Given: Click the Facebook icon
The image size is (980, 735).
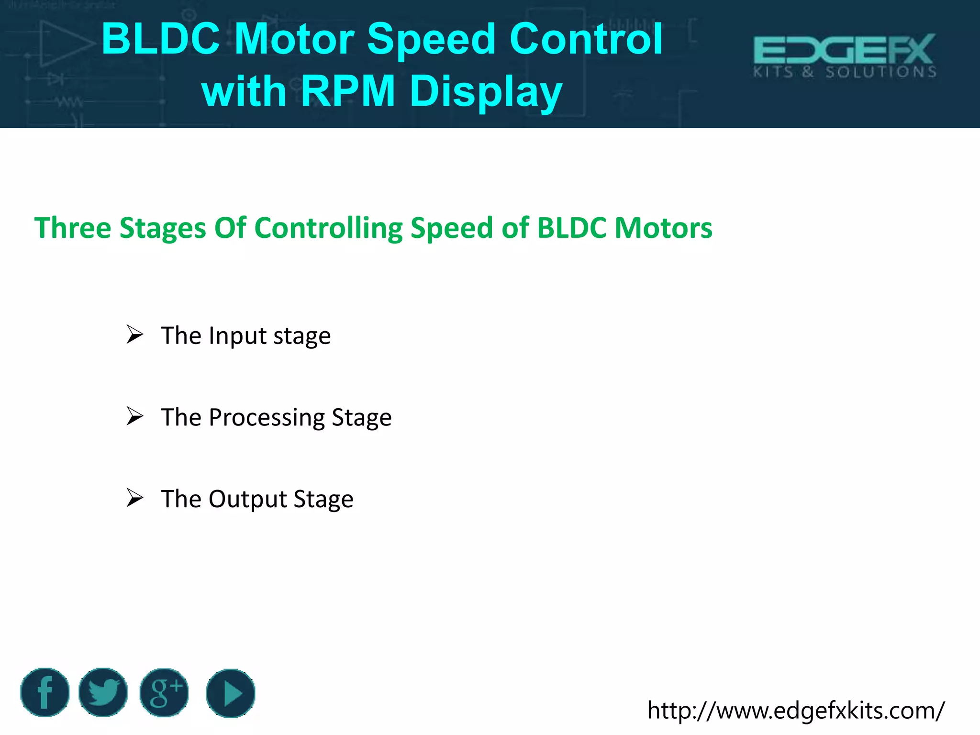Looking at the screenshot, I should pos(45,692).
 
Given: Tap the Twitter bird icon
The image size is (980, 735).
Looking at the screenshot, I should pos(103,692).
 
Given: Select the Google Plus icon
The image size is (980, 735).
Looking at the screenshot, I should pos(164,692).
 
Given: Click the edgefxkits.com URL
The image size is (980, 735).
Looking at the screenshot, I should pos(795,710).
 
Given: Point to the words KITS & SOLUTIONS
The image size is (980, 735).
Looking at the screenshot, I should pos(844,72).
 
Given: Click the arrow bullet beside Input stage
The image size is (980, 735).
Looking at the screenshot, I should pos(135,334).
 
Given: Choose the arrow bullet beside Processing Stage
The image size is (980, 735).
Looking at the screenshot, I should pos(135,416).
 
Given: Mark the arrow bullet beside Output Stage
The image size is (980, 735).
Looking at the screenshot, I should pos(135,498).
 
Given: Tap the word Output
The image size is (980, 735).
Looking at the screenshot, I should pos(247,499).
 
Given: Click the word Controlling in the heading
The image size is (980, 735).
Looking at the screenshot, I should pos(332,228).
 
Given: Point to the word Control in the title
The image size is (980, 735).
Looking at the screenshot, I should pos(586,39).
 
